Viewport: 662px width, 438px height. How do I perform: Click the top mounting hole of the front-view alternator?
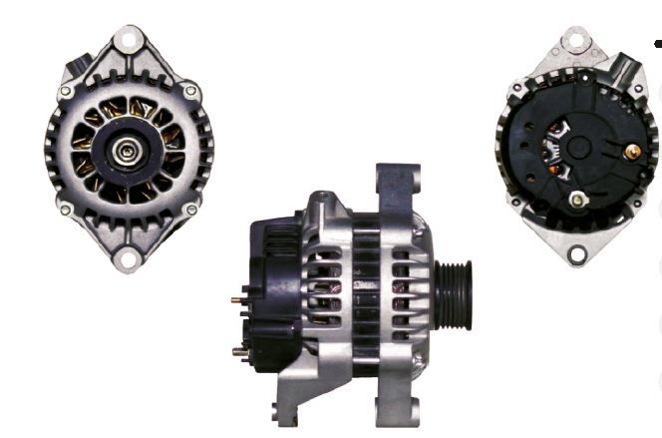click(127, 40)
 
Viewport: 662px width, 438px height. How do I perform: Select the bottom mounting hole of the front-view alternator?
click(127, 260)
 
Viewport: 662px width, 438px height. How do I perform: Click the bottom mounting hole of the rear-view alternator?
click(576, 254)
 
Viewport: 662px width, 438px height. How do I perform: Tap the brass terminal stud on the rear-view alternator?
click(631, 152)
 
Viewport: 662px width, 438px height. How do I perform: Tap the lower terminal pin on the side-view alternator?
click(239, 349)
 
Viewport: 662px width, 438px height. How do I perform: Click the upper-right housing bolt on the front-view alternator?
click(188, 92)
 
